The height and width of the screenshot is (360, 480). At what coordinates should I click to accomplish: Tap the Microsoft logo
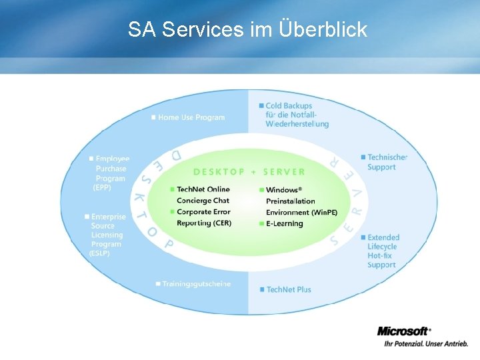[403, 331]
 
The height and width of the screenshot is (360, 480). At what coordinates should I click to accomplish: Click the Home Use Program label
[191, 117]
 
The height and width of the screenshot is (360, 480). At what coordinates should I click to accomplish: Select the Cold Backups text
[289, 106]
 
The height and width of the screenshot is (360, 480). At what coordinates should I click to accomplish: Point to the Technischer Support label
[387, 162]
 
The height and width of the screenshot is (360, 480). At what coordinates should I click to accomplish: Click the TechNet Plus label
[289, 289]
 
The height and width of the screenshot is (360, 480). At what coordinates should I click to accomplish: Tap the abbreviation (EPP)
[102, 188]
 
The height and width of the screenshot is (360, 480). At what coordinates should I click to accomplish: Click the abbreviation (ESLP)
[100, 253]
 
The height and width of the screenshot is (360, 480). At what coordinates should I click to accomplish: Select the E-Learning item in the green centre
[284, 224]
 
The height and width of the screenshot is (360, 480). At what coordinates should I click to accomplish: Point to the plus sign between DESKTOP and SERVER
[253, 171]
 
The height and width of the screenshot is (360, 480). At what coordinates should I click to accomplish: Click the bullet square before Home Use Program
[153, 117]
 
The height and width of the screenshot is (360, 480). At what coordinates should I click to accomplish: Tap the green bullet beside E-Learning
[261, 224]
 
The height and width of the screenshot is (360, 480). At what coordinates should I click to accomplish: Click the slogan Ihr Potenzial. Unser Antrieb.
[423, 344]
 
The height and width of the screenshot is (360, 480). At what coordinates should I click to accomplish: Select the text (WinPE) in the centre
[324, 213]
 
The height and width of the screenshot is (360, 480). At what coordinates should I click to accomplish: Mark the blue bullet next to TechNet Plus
[261, 289]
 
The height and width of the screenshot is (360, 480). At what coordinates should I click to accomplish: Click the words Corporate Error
[203, 212]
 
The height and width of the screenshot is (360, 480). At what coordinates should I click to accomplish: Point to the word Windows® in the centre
[284, 190]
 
